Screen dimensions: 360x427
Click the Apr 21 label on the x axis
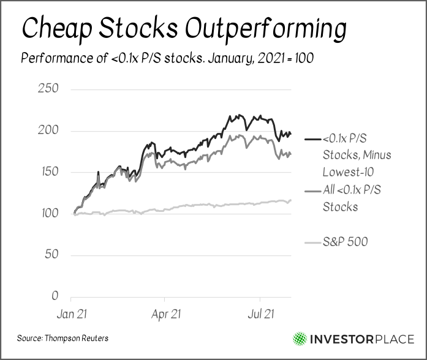click(165, 314)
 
